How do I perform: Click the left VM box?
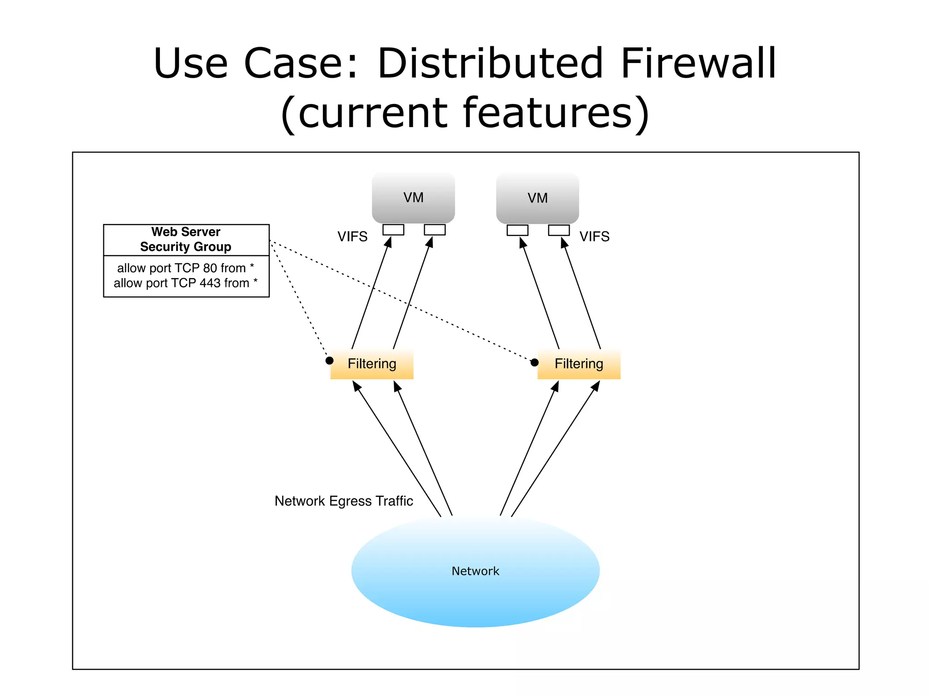(x=413, y=198)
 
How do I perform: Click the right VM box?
(x=537, y=198)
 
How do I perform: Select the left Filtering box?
(x=372, y=364)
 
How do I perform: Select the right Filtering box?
(x=579, y=364)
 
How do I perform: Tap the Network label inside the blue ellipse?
(x=475, y=571)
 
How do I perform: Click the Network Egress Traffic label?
(x=344, y=501)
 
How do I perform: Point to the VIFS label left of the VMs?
(x=352, y=236)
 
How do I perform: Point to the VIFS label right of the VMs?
(x=594, y=236)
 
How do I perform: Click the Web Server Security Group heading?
(x=186, y=239)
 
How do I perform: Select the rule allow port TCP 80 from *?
(x=186, y=268)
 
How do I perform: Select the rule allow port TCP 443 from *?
(x=186, y=283)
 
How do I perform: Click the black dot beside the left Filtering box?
(x=330, y=361)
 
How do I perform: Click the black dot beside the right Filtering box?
(x=534, y=362)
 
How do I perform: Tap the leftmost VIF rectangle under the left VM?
(x=393, y=230)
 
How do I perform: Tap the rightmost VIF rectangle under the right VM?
(x=559, y=230)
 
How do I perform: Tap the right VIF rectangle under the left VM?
(x=435, y=230)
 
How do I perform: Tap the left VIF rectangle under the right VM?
(x=517, y=230)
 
